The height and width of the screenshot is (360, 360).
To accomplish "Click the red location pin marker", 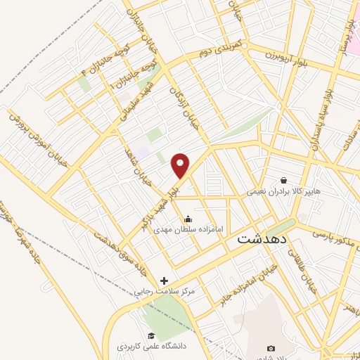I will pos(181,165).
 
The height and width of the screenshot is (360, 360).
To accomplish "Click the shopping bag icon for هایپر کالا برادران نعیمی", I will pos(283,180).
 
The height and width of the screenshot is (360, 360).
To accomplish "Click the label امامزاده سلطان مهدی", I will pos(187,229).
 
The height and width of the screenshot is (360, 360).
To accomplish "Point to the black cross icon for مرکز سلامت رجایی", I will pos(165,281).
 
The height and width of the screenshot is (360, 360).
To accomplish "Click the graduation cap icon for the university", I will pos(150,336).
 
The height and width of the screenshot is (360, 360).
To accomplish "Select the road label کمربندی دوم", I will pos(219,49).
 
